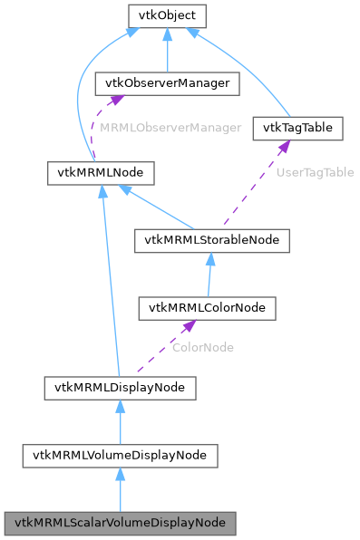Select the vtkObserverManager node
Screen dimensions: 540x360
pyautogui.click(x=168, y=84)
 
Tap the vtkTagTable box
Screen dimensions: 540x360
pyautogui.click(x=298, y=128)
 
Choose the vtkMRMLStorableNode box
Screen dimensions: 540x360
pyautogui.click(x=212, y=239)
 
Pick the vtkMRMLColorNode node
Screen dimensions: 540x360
pyautogui.click(x=207, y=308)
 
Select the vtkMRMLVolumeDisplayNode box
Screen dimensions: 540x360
pyautogui.click(x=120, y=455)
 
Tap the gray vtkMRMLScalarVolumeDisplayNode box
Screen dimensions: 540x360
pyautogui.click(x=120, y=523)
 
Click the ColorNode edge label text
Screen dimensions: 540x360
pyautogui.click(x=203, y=347)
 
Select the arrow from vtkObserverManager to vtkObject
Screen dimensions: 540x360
pyautogui.click(x=168, y=53)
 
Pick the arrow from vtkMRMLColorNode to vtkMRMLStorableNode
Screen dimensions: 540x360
pyautogui.click(x=209, y=275)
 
